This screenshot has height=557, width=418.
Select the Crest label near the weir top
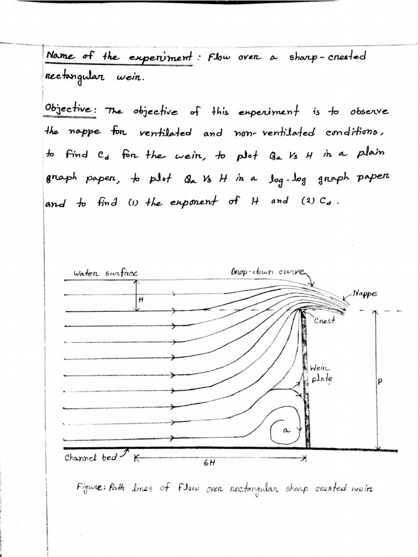pos(324,320)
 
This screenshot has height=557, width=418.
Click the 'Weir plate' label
pos(319,373)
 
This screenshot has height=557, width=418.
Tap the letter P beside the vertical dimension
pos(380,381)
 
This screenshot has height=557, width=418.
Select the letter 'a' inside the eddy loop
pos(287,430)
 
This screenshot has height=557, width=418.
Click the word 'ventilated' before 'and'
pos(165,132)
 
